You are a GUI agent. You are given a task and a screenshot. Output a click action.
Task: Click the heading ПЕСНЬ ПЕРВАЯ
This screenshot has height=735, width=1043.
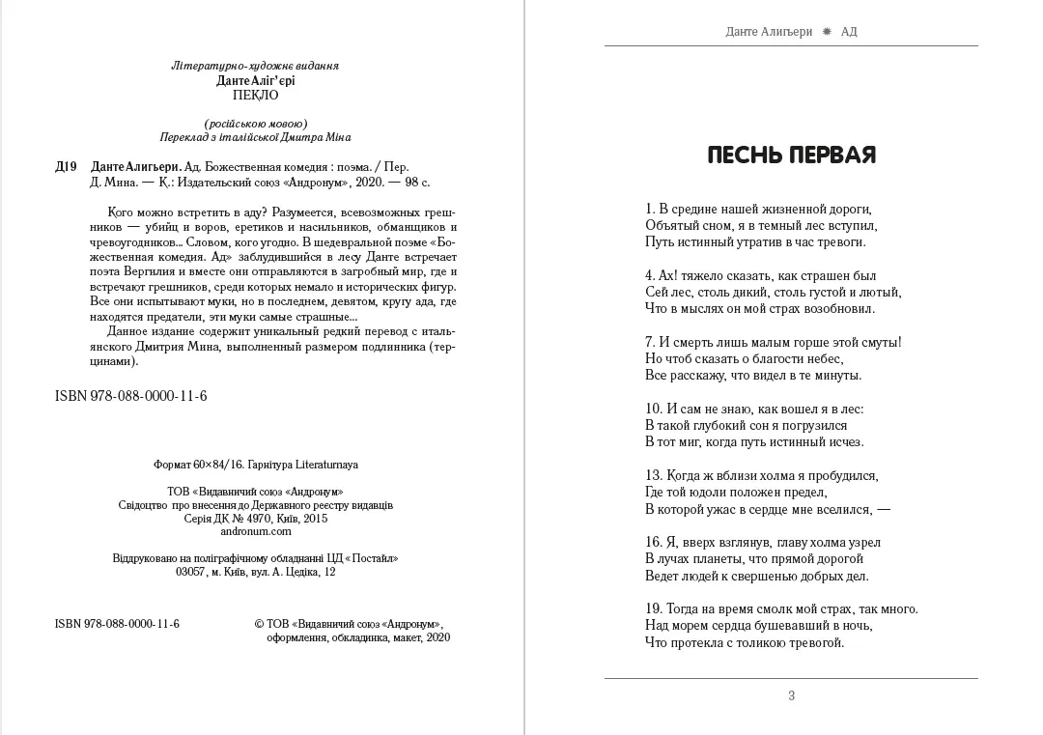pos(791,155)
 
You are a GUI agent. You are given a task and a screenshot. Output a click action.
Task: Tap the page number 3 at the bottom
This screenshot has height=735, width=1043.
pos(792,695)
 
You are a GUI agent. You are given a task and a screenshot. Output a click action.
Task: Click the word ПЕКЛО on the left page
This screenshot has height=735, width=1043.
pos(256,96)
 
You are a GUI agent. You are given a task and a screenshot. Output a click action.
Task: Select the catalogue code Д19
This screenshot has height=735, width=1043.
pos(66,166)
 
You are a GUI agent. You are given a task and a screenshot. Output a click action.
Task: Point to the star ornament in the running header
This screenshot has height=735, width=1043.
pos(826,32)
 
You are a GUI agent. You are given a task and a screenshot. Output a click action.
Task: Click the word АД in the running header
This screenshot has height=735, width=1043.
pos(849,32)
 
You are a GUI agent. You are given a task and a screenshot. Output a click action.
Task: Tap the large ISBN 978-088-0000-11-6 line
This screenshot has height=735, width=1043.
pos(131,397)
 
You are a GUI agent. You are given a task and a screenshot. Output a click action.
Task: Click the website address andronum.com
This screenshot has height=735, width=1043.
pos(256,531)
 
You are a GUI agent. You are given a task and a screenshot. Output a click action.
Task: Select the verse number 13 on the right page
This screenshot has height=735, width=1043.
pos(652,475)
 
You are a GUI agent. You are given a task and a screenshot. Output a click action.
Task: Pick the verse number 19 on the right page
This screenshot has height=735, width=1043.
pos(652,608)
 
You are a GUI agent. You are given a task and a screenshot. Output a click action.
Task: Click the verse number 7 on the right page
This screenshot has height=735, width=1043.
pos(649,342)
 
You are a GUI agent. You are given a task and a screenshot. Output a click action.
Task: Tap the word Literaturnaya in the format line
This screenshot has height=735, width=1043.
pos(325,464)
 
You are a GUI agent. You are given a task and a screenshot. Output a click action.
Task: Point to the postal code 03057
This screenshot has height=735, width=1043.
pos(191,572)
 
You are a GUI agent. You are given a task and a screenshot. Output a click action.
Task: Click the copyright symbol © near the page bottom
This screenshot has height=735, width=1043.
pos(259,624)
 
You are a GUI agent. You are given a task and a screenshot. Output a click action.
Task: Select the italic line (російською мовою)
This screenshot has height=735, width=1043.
pos(256,123)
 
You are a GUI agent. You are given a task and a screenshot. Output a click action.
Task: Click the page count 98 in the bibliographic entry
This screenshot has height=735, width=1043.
pos(409,182)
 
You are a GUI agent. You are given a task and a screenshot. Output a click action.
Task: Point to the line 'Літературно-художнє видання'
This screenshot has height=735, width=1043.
pos(255,66)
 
